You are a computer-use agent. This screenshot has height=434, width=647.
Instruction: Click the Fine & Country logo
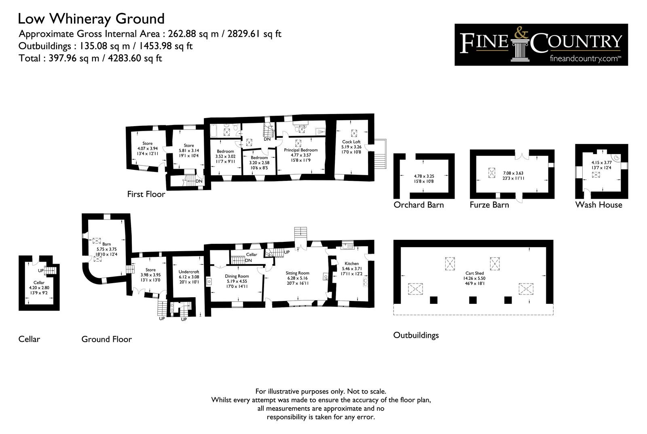point(541,45)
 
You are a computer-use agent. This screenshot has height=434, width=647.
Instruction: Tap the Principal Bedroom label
point(301,150)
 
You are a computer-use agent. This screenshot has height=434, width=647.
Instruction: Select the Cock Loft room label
point(351,142)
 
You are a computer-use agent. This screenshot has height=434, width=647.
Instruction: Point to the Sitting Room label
point(298,273)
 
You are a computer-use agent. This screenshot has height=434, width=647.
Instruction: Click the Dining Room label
point(237,276)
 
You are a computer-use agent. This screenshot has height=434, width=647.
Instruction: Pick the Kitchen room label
point(351,264)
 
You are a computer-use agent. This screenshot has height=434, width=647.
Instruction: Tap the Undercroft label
point(189,272)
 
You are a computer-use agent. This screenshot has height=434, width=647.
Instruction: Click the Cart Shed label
point(475,273)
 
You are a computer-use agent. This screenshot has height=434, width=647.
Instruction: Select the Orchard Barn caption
point(419,205)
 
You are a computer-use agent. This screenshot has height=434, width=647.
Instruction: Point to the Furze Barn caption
point(489,205)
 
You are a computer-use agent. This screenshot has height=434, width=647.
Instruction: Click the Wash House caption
point(599,205)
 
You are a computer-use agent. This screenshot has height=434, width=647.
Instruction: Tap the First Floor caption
point(146,194)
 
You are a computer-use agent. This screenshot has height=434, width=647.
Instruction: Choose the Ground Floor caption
point(107,339)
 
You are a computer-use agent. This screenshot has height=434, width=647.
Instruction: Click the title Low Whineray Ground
point(91,19)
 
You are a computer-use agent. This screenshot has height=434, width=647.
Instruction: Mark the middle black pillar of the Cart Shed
point(473,300)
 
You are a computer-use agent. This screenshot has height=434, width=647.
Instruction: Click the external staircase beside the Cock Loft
point(381,154)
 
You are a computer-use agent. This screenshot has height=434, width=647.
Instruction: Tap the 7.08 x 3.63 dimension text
point(513,174)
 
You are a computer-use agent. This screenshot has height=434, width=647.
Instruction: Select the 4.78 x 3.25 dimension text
point(424,176)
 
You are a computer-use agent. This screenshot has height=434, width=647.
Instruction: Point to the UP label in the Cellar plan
point(41,271)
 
